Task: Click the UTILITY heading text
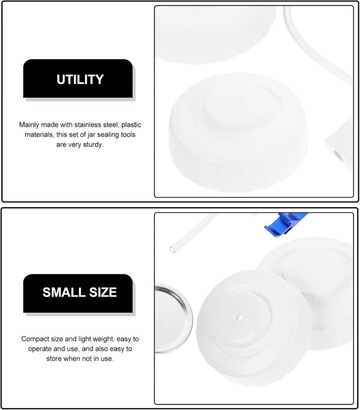(80, 79)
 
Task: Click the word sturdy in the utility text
(93, 145)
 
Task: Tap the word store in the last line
(54, 359)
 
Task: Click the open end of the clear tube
(173, 250)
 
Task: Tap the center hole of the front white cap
(239, 317)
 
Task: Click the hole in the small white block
(339, 156)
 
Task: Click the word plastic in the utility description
(131, 125)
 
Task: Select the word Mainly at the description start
(29, 125)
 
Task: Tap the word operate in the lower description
(39, 349)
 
